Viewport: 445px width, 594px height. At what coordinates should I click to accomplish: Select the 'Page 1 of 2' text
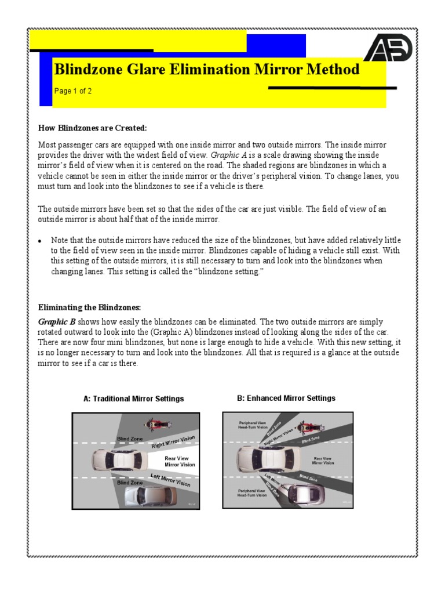(x=73, y=91)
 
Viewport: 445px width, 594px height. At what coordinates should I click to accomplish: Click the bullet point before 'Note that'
(x=40, y=241)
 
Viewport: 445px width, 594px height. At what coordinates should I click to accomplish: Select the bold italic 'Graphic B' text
(x=57, y=321)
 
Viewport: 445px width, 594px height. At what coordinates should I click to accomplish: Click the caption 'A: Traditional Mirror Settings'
(x=134, y=399)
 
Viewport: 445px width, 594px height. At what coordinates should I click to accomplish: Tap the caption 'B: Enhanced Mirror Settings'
(x=286, y=398)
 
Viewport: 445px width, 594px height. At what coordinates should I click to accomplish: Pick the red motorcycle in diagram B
(x=309, y=428)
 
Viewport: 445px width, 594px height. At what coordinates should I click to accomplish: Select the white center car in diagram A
(x=116, y=460)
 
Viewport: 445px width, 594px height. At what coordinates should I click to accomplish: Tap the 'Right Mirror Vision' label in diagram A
(x=173, y=442)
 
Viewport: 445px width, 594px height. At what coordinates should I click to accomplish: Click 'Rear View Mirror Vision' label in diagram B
(x=323, y=461)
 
